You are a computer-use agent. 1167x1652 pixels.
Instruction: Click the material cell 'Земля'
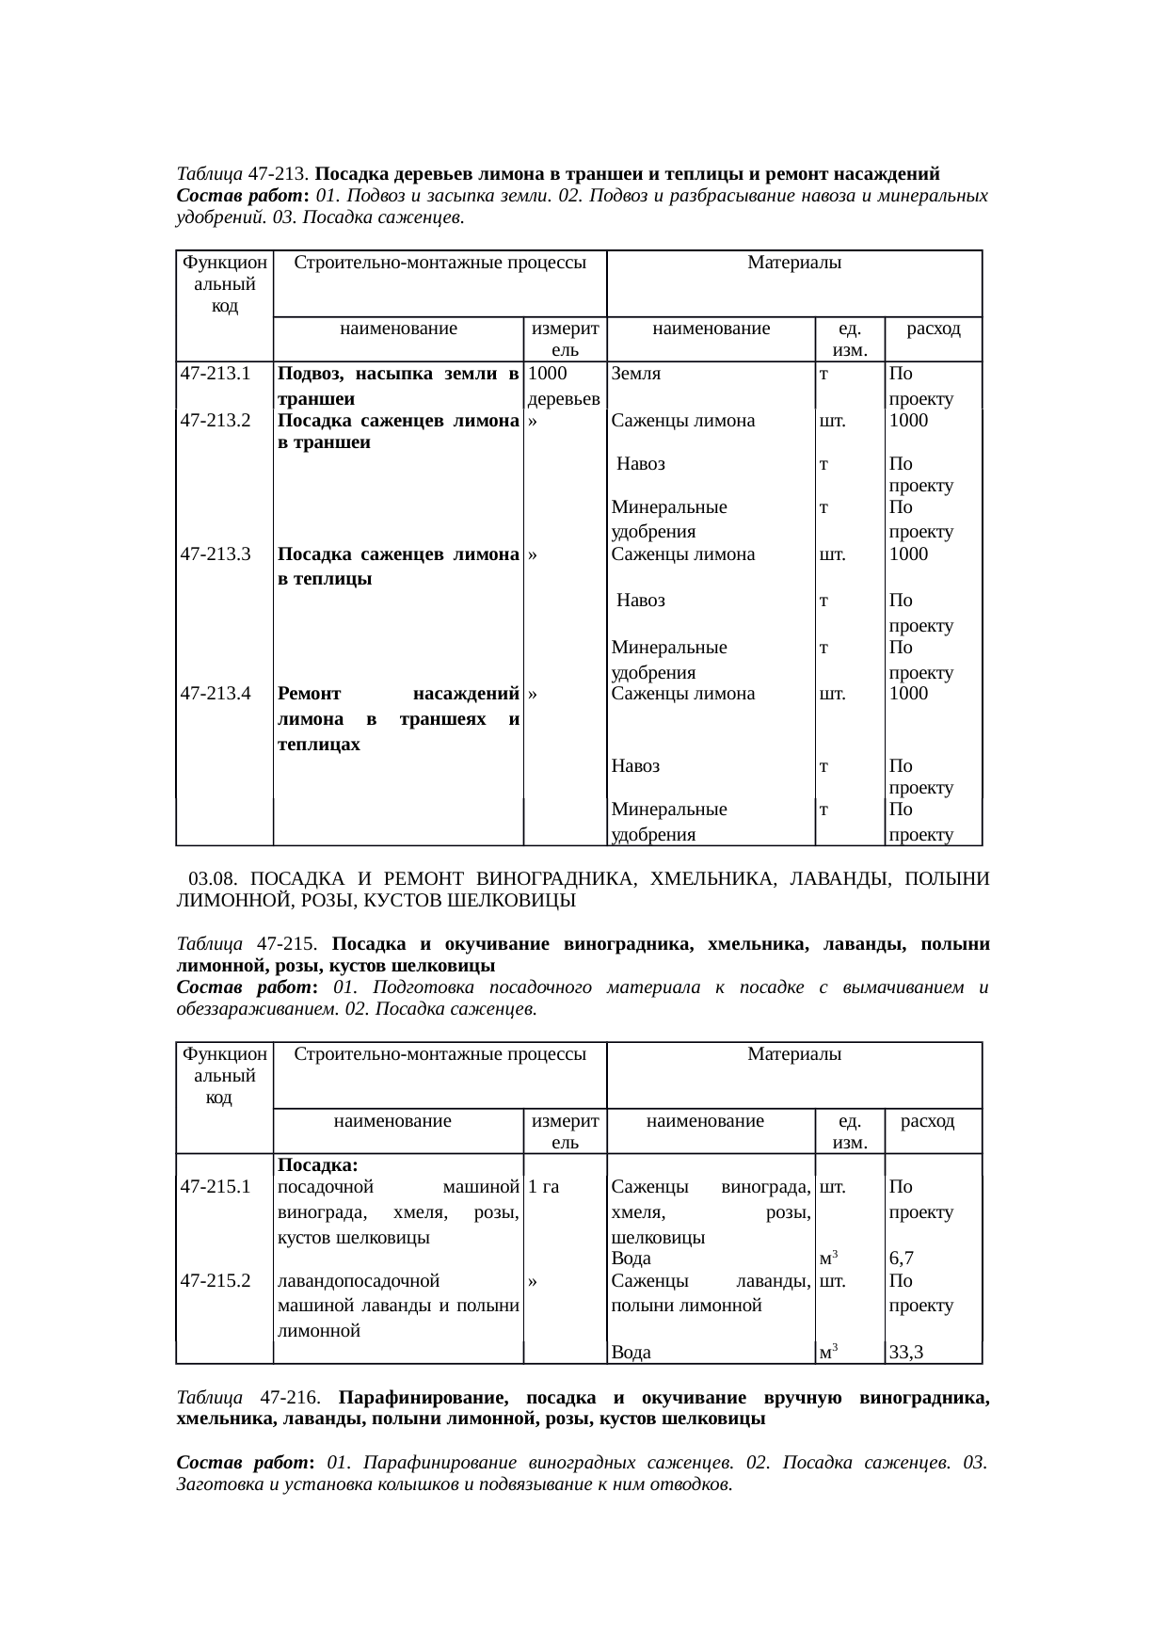pos(636,374)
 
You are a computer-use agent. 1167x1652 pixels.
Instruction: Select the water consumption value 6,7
pos(903,1259)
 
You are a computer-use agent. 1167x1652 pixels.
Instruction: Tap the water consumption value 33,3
pos(907,1353)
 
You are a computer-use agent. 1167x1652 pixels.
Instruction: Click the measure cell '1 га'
pos(544,1188)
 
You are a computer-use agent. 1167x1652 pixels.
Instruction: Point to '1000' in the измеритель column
pos(547,374)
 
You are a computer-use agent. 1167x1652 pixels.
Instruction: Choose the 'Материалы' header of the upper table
pos(793,263)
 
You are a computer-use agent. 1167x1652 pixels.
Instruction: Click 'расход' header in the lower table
pos(927,1121)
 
